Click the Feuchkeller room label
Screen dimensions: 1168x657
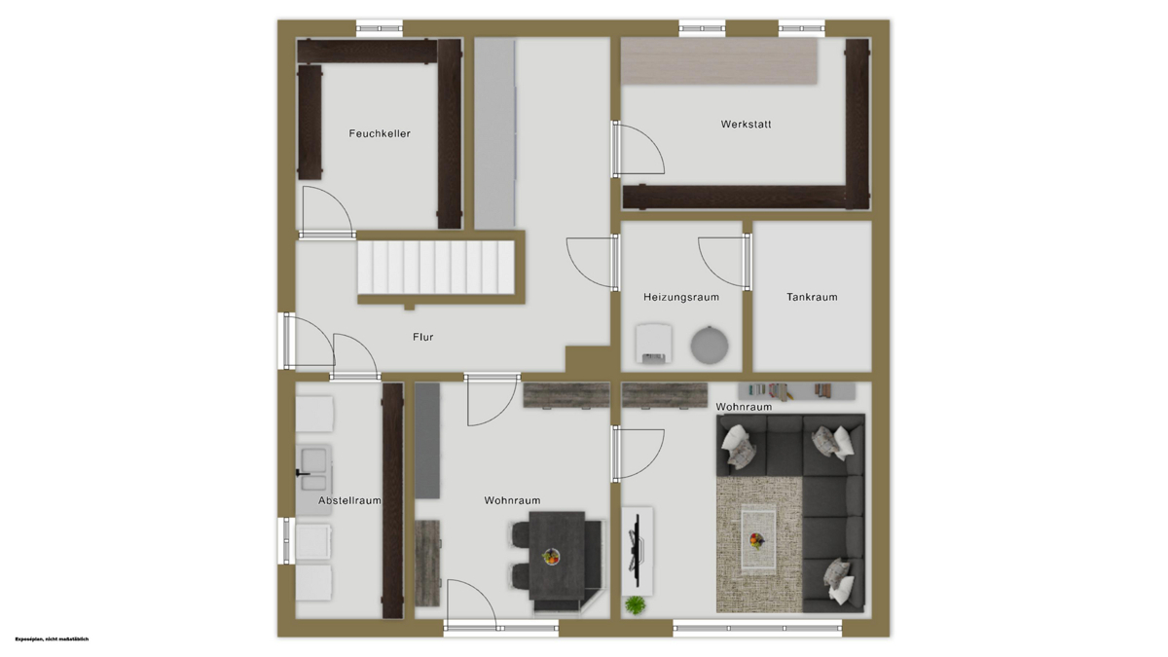[x=380, y=133]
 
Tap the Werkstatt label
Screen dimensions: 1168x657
[x=746, y=125]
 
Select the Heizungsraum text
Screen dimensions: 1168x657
[x=681, y=297]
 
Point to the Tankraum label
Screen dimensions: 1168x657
[x=812, y=297]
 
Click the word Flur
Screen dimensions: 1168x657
[x=422, y=337]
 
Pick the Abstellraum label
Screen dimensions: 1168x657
[x=349, y=500]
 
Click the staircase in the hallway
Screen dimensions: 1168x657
[x=436, y=267]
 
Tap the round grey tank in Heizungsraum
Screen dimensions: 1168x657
[x=710, y=345]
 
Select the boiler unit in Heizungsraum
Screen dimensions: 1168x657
[x=653, y=343]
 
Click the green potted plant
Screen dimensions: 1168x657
[x=635, y=604]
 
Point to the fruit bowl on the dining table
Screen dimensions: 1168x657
[x=550, y=557]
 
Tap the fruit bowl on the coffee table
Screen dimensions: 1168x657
[x=756, y=541]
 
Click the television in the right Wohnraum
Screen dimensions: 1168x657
[x=636, y=549]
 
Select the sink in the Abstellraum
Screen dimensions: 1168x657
[x=313, y=470]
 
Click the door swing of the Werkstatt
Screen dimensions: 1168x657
[x=639, y=148]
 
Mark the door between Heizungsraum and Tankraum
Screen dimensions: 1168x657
[x=724, y=262]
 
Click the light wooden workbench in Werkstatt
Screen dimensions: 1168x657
[x=719, y=61]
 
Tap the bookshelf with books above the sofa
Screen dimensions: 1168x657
[x=796, y=391]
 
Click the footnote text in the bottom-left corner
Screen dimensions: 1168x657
[x=53, y=639]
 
